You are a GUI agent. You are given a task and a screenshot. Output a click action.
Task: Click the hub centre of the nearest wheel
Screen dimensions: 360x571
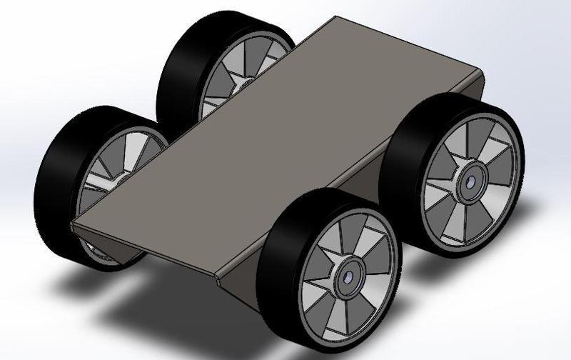point(348,276)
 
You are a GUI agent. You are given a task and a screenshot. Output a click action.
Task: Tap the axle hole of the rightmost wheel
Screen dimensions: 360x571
point(471,182)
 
